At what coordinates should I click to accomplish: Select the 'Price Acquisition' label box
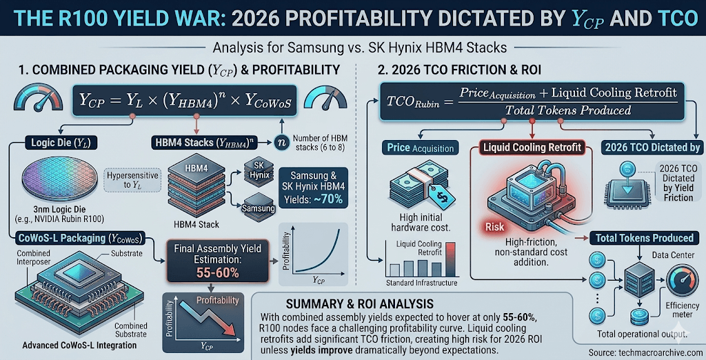click(x=421, y=148)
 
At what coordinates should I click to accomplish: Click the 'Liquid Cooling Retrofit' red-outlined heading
click(x=532, y=148)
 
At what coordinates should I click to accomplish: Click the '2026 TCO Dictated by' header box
click(x=652, y=146)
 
